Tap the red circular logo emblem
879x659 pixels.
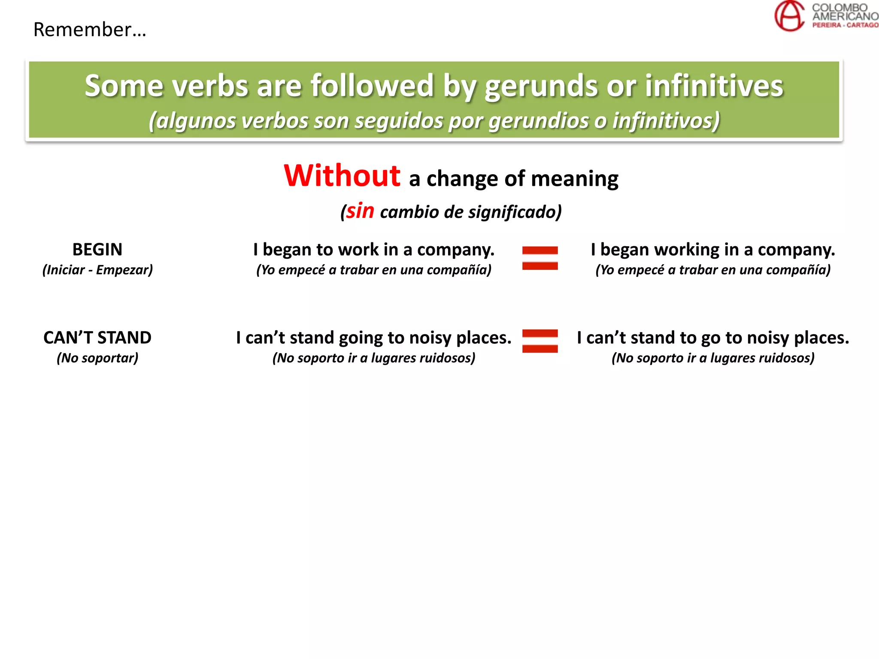pos(789,16)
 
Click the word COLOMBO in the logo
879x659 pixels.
pos(840,8)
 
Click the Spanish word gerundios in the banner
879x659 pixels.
pos(538,121)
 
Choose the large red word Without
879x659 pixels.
pos(342,176)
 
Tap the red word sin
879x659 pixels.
pos(360,211)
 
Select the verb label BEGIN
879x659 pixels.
pos(97,249)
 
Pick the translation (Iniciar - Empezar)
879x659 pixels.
pos(97,270)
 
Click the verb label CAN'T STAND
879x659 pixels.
pos(97,338)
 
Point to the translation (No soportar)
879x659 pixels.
pos(97,358)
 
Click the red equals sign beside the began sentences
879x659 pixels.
pos(540,258)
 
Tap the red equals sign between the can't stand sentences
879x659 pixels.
pos(540,341)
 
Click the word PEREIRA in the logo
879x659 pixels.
pos(826,25)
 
